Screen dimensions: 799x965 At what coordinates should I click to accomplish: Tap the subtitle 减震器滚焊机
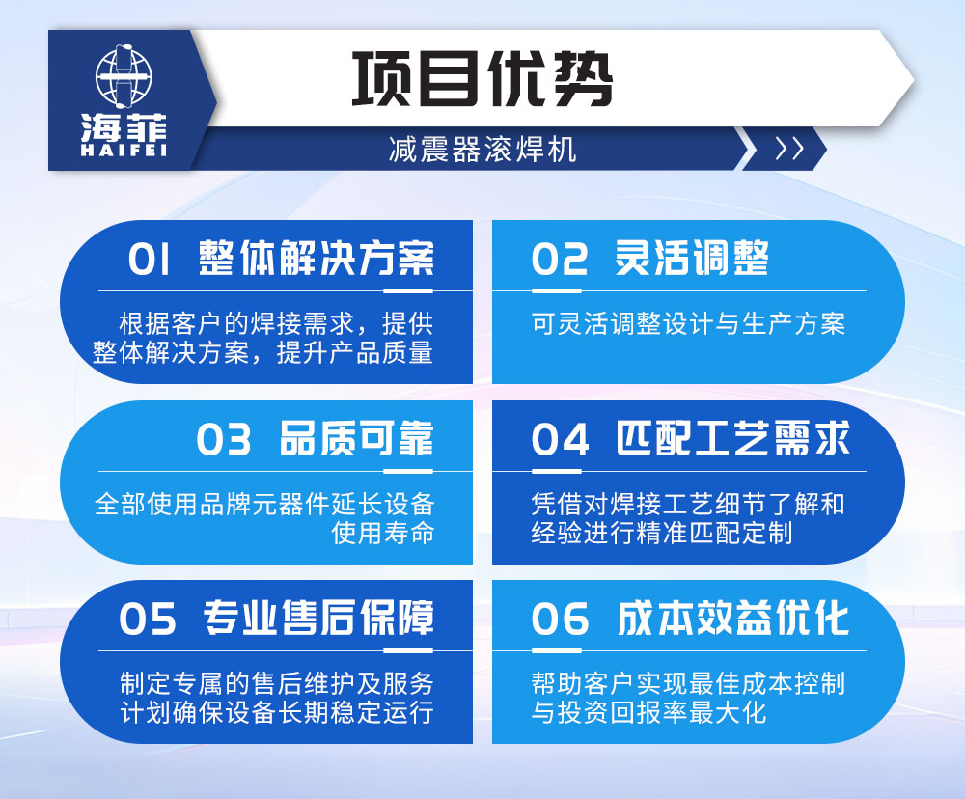(x=482, y=150)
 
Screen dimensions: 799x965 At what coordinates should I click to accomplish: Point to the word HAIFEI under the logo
(x=124, y=152)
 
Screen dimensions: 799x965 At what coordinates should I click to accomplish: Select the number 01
(x=150, y=260)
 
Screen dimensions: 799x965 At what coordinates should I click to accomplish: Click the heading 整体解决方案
(x=317, y=259)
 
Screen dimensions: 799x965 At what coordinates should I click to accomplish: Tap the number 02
(x=560, y=260)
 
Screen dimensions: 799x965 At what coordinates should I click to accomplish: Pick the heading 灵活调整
(x=693, y=259)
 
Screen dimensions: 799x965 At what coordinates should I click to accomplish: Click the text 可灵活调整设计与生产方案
(x=688, y=323)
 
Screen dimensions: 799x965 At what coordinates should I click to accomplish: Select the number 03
(x=224, y=440)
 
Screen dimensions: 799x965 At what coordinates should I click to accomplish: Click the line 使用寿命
(x=383, y=532)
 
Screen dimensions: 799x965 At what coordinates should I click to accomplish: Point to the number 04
(x=561, y=440)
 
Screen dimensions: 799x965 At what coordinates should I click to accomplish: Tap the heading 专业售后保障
(x=318, y=618)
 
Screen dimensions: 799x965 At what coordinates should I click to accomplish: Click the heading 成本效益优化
(x=733, y=619)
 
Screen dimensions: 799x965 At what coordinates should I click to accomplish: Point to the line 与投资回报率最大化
(x=648, y=713)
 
